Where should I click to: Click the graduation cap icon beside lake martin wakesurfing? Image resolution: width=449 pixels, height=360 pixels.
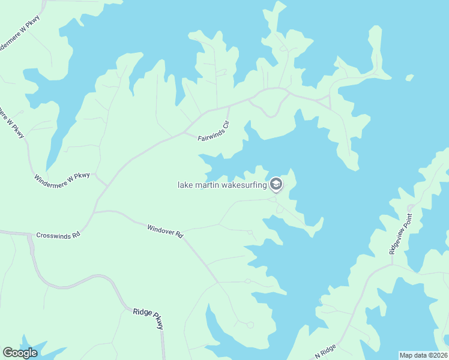[x=276, y=184]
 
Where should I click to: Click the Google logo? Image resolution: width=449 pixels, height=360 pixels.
[x=20, y=353]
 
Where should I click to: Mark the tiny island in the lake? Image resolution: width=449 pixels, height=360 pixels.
[x=409, y=77]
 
